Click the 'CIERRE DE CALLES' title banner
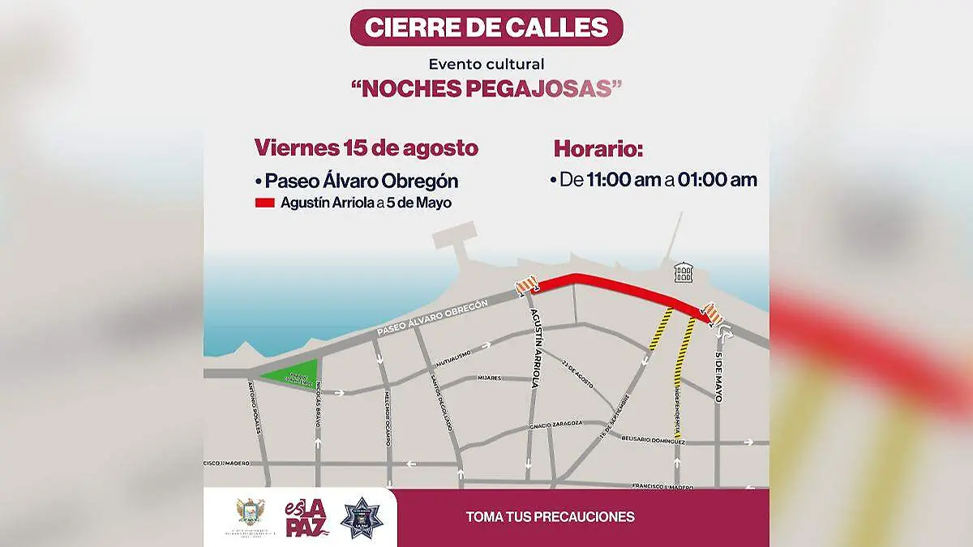(x=486, y=28)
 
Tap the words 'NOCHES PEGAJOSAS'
(x=486, y=88)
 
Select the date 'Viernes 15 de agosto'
(x=366, y=148)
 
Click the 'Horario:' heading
(x=598, y=149)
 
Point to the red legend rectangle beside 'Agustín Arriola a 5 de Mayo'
(x=265, y=203)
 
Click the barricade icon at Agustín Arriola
(x=526, y=284)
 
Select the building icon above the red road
(x=684, y=273)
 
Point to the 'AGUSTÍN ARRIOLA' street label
(x=534, y=349)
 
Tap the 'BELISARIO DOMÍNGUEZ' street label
(x=653, y=440)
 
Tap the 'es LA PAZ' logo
(x=306, y=518)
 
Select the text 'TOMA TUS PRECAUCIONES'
(x=550, y=516)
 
